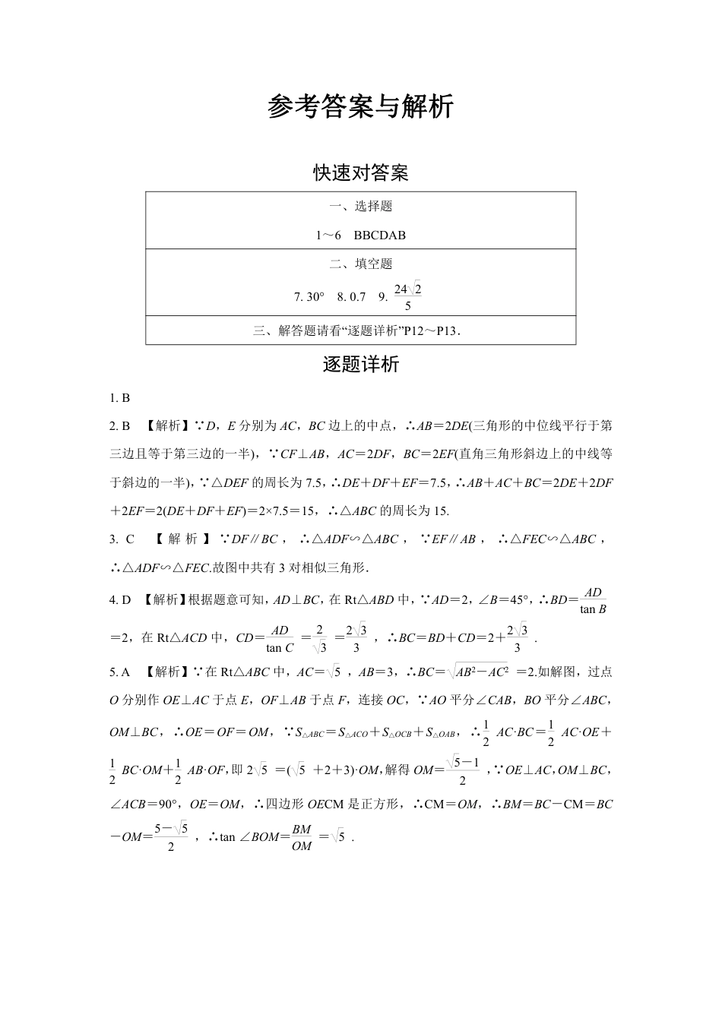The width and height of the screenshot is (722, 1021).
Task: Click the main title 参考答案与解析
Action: pos(360,107)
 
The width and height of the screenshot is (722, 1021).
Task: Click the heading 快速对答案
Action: pos(361,173)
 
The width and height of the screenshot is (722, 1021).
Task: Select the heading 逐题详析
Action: pos(361,365)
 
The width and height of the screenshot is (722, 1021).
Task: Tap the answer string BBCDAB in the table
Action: pos(379,235)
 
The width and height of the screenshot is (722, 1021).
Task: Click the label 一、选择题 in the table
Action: pos(361,207)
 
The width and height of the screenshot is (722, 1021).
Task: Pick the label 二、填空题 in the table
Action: pos(361,264)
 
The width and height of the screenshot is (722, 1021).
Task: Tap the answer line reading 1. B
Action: pos(120,397)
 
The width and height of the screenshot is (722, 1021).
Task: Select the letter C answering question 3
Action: pos(130,539)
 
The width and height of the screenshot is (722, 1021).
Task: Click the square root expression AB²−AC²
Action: pos(480,672)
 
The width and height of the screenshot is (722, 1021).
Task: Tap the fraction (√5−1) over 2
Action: pos(462,770)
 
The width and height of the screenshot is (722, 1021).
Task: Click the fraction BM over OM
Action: pos(302,838)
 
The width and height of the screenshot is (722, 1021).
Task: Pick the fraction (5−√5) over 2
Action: pos(171,838)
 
